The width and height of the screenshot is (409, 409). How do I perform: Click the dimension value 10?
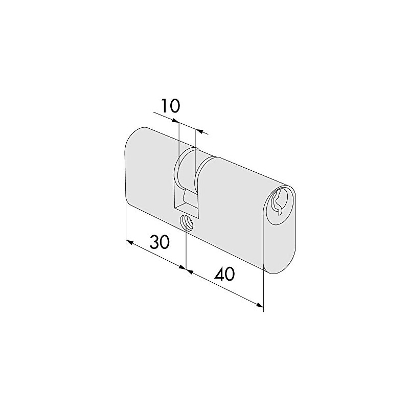coord(169,106)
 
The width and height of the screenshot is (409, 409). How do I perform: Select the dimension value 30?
coord(160,242)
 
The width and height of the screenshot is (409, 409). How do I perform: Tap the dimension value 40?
coord(224,275)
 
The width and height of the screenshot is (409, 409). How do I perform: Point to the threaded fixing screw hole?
coord(187,223)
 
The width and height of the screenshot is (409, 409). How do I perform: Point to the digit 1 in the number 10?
coord(164,106)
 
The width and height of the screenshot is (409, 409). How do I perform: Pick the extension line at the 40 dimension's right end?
coord(263,291)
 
